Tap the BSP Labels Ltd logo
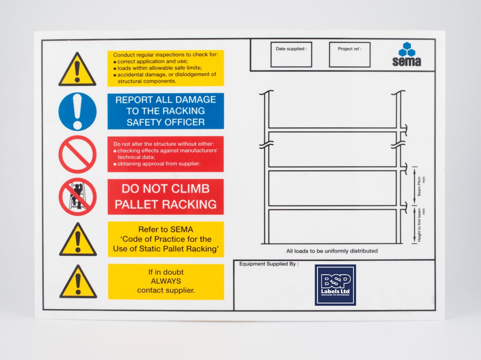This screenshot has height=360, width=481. [335, 285]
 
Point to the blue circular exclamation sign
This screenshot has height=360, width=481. [77, 111]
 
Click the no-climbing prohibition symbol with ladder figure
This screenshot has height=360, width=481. [77, 197]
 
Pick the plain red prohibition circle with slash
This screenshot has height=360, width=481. [77, 154]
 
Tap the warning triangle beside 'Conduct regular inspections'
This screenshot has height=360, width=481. [77, 70]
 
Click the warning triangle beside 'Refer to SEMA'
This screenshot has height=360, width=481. [78, 241]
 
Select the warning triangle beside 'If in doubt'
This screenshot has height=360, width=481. [78, 283]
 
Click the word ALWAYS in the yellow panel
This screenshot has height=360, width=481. [166, 281]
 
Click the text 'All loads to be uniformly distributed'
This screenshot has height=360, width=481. [332, 251]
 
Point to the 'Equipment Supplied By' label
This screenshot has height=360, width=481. [269, 264]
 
